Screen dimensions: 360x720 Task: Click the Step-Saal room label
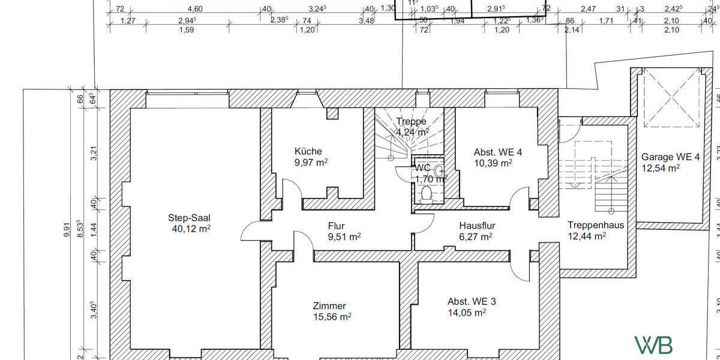click(x=190, y=218)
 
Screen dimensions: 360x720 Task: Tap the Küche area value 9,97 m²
click(x=311, y=162)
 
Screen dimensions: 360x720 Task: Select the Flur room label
click(x=336, y=226)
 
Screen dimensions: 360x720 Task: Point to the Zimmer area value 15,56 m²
click(x=332, y=317)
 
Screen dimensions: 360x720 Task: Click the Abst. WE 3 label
click(x=472, y=301)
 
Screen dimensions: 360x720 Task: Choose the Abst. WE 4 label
click(x=497, y=152)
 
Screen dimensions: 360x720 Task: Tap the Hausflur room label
click(x=477, y=226)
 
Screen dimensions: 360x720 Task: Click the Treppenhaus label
click(x=595, y=226)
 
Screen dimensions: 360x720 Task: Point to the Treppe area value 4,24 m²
click(x=412, y=133)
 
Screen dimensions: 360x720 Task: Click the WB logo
click(x=653, y=345)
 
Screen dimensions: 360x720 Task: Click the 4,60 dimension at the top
click(x=195, y=9)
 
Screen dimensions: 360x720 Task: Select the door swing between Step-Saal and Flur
click(x=251, y=232)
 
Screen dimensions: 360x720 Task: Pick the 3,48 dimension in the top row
click(x=366, y=21)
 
